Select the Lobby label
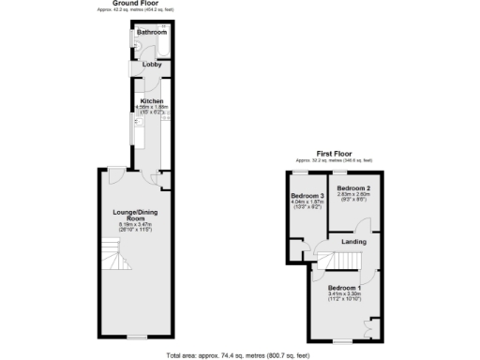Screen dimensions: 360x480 click(x=151, y=65)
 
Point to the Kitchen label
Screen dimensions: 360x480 click(x=152, y=101)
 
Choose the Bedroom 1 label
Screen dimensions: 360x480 click(x=344, y=287)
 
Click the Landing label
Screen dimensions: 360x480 click(x=353, y=242)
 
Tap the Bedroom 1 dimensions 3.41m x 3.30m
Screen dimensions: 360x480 click(x=344, y=294)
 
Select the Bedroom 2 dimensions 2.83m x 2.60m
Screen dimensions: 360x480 click(x=354, y=197)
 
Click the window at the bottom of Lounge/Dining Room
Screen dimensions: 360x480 click(x=137, y=336)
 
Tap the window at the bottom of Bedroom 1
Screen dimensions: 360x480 click(x=343, y=337)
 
